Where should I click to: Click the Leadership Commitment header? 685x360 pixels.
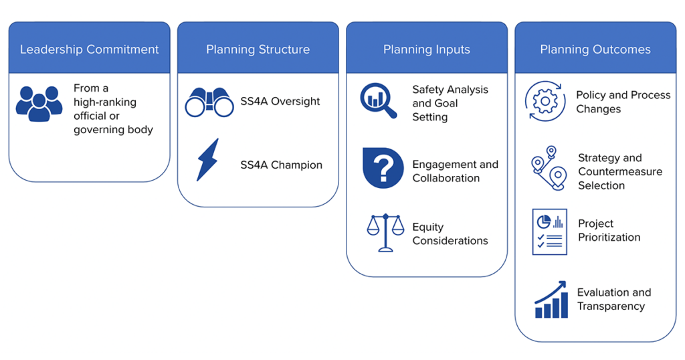tap(89, 50)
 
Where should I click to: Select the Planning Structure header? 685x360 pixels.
tap(258, 50)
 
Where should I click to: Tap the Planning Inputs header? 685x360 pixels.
tap(426, 50)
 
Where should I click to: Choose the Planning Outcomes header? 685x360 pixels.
tap(595, 50)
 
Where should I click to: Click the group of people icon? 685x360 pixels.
tap(39, 104)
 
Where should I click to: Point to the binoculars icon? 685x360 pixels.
tap(209, 102)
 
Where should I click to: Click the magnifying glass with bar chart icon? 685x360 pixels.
tap(379, 100)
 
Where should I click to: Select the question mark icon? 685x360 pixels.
tap(383, 169)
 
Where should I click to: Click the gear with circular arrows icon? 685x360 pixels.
tap(545, 102)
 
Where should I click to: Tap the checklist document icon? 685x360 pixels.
tap(549, 232)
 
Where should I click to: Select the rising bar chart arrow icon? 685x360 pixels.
tap(551, 300)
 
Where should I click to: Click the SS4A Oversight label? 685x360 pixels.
tap(280, 102)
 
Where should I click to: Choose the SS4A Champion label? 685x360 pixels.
tap(281, 165)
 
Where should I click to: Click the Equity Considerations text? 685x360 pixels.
tap(450, 234)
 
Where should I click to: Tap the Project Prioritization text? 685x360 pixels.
tap(609, 230)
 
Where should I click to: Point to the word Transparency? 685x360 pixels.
tap(611, 306)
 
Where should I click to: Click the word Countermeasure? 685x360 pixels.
tap(620, 172)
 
